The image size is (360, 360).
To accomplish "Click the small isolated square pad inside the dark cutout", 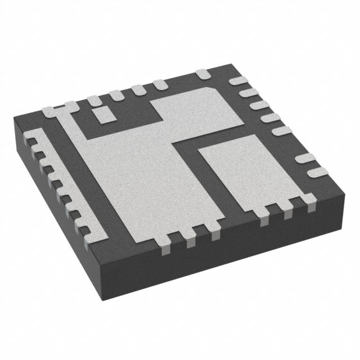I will coord(103,115).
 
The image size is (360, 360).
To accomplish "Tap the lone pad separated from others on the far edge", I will coord(202,73).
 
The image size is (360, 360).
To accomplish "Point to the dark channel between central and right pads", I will coord(191,169).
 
